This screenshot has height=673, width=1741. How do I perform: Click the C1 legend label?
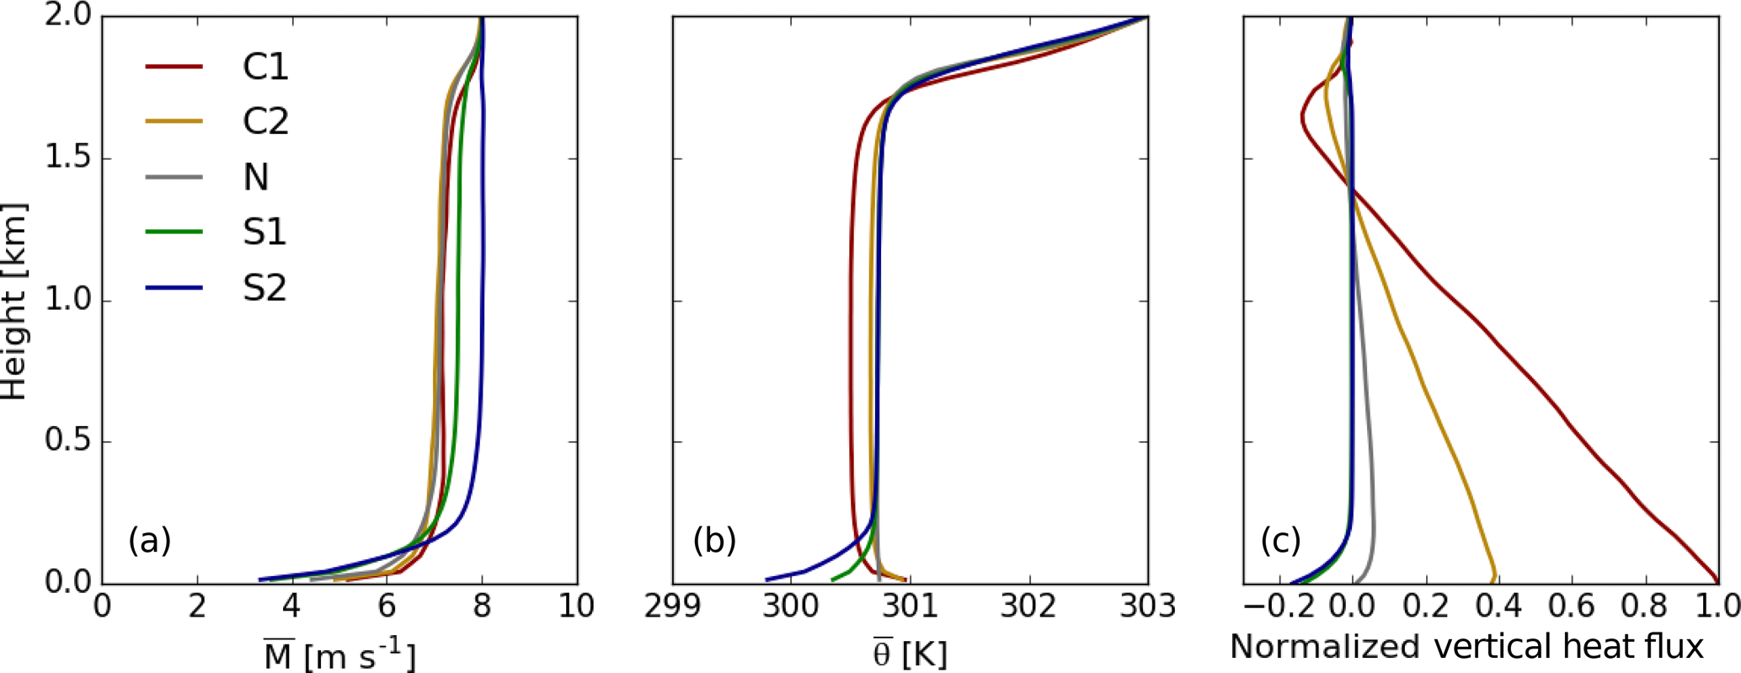(265, 67)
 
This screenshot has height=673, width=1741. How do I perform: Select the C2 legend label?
(265, 122)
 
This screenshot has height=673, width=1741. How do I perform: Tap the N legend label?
(255, 178)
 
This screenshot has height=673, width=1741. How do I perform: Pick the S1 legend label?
(264, 232)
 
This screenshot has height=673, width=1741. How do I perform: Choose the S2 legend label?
(264, 288)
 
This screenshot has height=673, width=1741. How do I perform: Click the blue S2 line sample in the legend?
(174, 288)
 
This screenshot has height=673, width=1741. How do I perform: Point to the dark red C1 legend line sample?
(174, 66)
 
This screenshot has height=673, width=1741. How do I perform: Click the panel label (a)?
(150, 540)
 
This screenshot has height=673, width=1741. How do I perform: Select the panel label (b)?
(714, 540)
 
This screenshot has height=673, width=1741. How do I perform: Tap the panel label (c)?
(1280, 540)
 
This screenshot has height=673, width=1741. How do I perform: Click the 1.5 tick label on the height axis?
(68, 159)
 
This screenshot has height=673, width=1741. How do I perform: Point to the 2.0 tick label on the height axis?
(68, 18)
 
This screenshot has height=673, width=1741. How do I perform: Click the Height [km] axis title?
(15, 301)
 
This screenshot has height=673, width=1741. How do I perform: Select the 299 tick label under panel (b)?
(672, 606)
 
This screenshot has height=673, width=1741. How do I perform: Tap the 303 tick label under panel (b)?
(1148, 606)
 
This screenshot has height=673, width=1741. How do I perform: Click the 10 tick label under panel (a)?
(576, 606)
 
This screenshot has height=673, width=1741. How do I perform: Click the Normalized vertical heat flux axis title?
(1466, 647)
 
